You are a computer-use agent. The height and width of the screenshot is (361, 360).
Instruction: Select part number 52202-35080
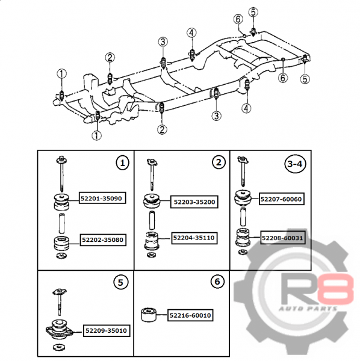pos(103,240)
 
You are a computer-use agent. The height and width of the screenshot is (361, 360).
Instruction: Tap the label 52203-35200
pos(194,202)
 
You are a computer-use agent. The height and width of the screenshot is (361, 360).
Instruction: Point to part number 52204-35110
pos(194,238)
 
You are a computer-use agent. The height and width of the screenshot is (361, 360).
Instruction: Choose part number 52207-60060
pos(282,199)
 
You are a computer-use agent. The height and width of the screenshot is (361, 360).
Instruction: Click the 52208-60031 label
pos(283,238)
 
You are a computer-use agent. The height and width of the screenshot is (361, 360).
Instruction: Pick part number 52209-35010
pos(106,330)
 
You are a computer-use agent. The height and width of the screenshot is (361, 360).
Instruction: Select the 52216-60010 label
pos(190,315)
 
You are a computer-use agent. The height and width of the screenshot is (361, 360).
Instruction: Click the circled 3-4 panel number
pos(295,164)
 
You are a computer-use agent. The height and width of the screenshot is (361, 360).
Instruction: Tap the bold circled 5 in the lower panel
pos(120,283)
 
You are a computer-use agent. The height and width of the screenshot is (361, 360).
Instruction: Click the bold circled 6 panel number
pos(217,282)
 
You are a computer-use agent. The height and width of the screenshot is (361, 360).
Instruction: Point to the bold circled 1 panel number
pos(122,163)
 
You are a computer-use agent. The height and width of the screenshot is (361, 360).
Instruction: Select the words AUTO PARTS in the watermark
pos(308,309)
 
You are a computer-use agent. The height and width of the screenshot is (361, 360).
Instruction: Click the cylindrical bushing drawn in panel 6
pos(149,314)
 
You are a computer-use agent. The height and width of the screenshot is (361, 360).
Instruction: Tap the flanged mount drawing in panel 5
pos(59,329)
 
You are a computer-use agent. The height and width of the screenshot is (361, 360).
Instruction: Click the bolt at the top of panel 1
pos(62,174)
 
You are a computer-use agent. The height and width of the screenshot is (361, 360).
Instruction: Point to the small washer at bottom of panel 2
pos(151,255)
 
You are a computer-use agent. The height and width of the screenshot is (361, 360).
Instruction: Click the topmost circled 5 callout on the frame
pos(253,12)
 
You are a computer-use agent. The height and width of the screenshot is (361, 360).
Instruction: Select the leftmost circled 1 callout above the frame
pos(62,73)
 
